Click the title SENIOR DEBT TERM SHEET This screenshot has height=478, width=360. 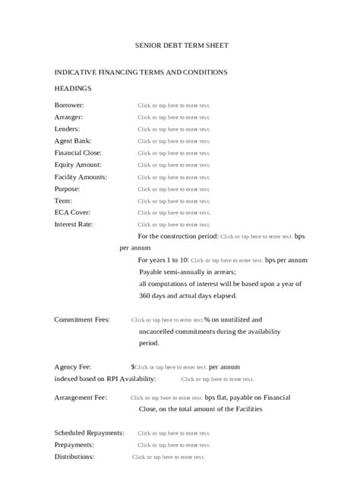click(181, 46)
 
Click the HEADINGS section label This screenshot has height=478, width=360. click(73, 88)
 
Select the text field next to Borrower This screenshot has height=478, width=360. click(173, 105)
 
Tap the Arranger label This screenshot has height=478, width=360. click(68, 117)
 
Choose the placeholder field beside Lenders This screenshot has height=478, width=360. click(173, 129)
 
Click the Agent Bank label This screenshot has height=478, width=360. click(73, 140)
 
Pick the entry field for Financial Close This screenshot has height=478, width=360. click(173, 153)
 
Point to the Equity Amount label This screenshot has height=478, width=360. click(77, 165)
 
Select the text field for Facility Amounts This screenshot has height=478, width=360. click(173, 177)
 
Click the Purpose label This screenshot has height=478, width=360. click(67, 188)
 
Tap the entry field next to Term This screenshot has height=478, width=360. click(173, 201)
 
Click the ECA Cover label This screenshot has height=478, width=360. click(72, 212)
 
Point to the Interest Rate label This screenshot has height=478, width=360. click(74, 224)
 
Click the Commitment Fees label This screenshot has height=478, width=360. click(82, 319)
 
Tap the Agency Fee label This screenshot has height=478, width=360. click(74, 366)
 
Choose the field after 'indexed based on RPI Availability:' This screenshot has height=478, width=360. click(216, 379)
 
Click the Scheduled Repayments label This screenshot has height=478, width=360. click(89, 432)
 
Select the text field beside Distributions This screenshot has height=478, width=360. click(169, 457)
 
